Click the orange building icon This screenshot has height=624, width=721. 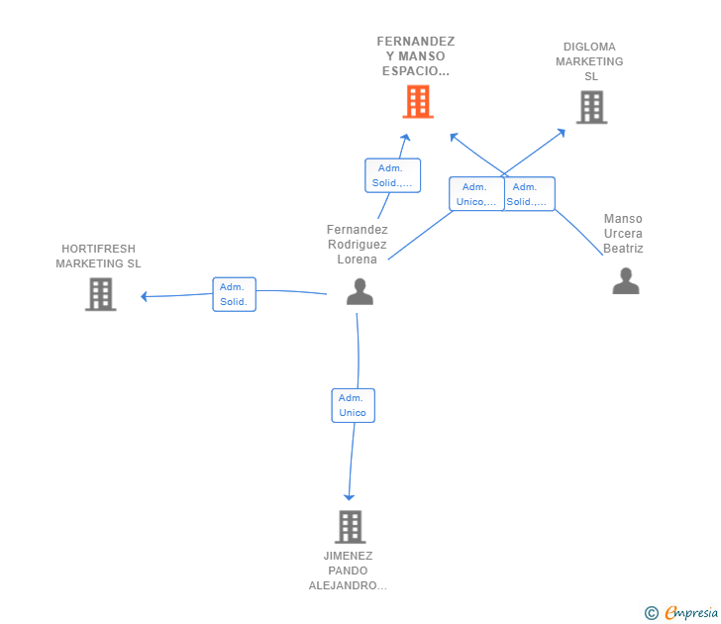tap(418, 102)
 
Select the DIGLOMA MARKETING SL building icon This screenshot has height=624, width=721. tap(592, 107)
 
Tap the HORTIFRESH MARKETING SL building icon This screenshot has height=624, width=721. tap(101, 294)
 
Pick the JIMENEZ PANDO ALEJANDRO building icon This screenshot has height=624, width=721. tap(350, 527)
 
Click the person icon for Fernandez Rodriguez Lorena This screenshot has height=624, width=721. tap(360, 291)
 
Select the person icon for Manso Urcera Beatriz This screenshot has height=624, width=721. tap(626, 280)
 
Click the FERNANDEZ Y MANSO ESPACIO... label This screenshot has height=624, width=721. tap(416, 56)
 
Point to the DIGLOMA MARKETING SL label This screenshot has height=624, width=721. tap(589, 61)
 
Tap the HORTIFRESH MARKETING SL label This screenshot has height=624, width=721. tap(98, 257)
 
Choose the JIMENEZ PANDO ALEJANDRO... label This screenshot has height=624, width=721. tap(348, 571)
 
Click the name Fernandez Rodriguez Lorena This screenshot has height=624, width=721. tap(358, 245)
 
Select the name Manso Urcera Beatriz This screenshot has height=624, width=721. tap(623, 233)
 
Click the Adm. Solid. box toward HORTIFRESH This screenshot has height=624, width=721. tap(234, 294)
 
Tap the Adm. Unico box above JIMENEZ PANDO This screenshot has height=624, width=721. tap(354, 405)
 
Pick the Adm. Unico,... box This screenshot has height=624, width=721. tap(476, 194)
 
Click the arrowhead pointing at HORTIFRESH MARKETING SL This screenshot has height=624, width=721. tap(144, 296)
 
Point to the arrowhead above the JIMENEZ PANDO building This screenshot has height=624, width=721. tap(349, 497)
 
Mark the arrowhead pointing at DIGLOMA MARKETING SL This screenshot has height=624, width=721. tap(562, 133)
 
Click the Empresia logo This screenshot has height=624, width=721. tap(691, 612)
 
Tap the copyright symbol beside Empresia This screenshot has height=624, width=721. tap(652, 613)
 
